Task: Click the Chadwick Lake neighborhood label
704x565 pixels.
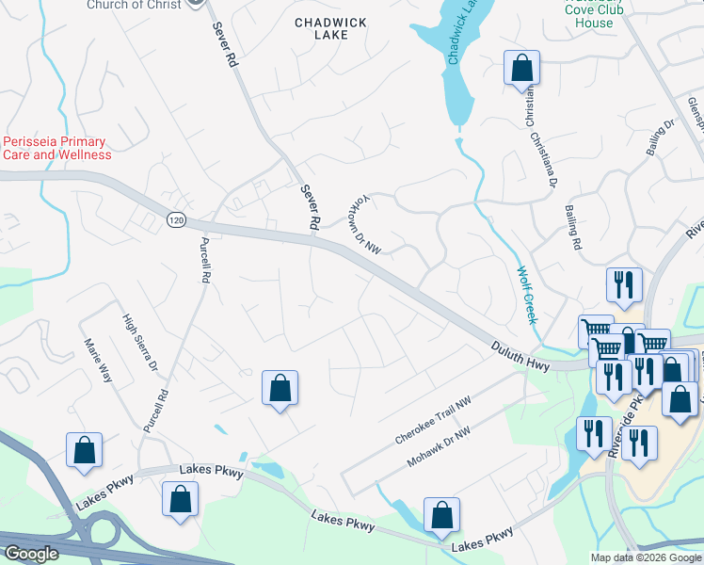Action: click(x=321, y=27)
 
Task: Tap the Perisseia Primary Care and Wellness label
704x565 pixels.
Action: click(x=56, y=148)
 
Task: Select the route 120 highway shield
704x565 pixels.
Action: click(x=176, y=219)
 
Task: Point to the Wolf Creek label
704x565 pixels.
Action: click(x=525, y=295)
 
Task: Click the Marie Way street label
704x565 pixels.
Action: click(x=98, y=360)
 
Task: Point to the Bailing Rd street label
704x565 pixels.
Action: click(x=572, y=228)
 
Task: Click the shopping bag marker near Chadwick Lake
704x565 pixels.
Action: click(x=521, y=70)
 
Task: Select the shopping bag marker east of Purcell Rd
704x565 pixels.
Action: click(x=280, y=389)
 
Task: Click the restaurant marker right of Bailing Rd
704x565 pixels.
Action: click(x=624, y=283)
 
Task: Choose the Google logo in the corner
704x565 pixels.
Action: click(x=31, y=554)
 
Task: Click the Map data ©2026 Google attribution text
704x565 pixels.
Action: click(x=645, y=557)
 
